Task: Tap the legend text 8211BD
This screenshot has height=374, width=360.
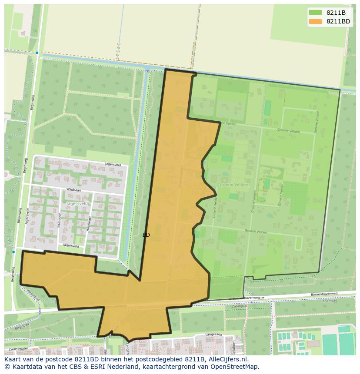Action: point(338,21)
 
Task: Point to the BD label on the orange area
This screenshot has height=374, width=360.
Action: point(146,235)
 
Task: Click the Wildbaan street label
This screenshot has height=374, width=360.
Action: point(73,190)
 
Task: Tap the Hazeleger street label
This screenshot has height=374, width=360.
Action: point(88,223)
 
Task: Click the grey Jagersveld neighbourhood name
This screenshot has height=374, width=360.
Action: point(77,203)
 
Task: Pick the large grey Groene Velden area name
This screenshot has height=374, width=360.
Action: point(233,185)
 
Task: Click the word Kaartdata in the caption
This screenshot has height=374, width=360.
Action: point(25,367)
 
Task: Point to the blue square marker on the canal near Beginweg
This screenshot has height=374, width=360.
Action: point(37,53)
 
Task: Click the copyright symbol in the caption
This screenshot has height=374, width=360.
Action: point(7,367)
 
